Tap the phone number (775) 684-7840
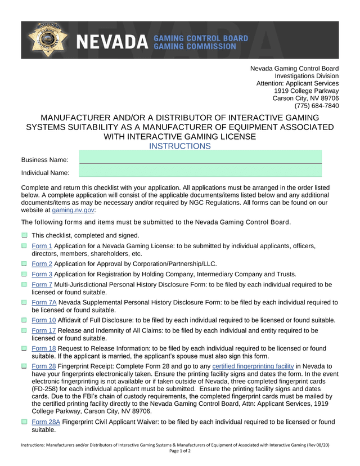[x=317, y=106]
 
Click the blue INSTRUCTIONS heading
[x=180, y=146]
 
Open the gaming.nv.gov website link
[x=73, y=209]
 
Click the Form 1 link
[x=42, y=246]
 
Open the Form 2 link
[x=42, y=263]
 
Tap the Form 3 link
[x=42, y=274]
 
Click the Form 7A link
[x=44, y=302]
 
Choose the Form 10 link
[x=44, y=320]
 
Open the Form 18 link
[x=44, y=348]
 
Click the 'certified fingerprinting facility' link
[x=253, y=366]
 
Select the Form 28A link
[x=46, y=422]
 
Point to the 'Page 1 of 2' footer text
[x=180, y=451]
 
